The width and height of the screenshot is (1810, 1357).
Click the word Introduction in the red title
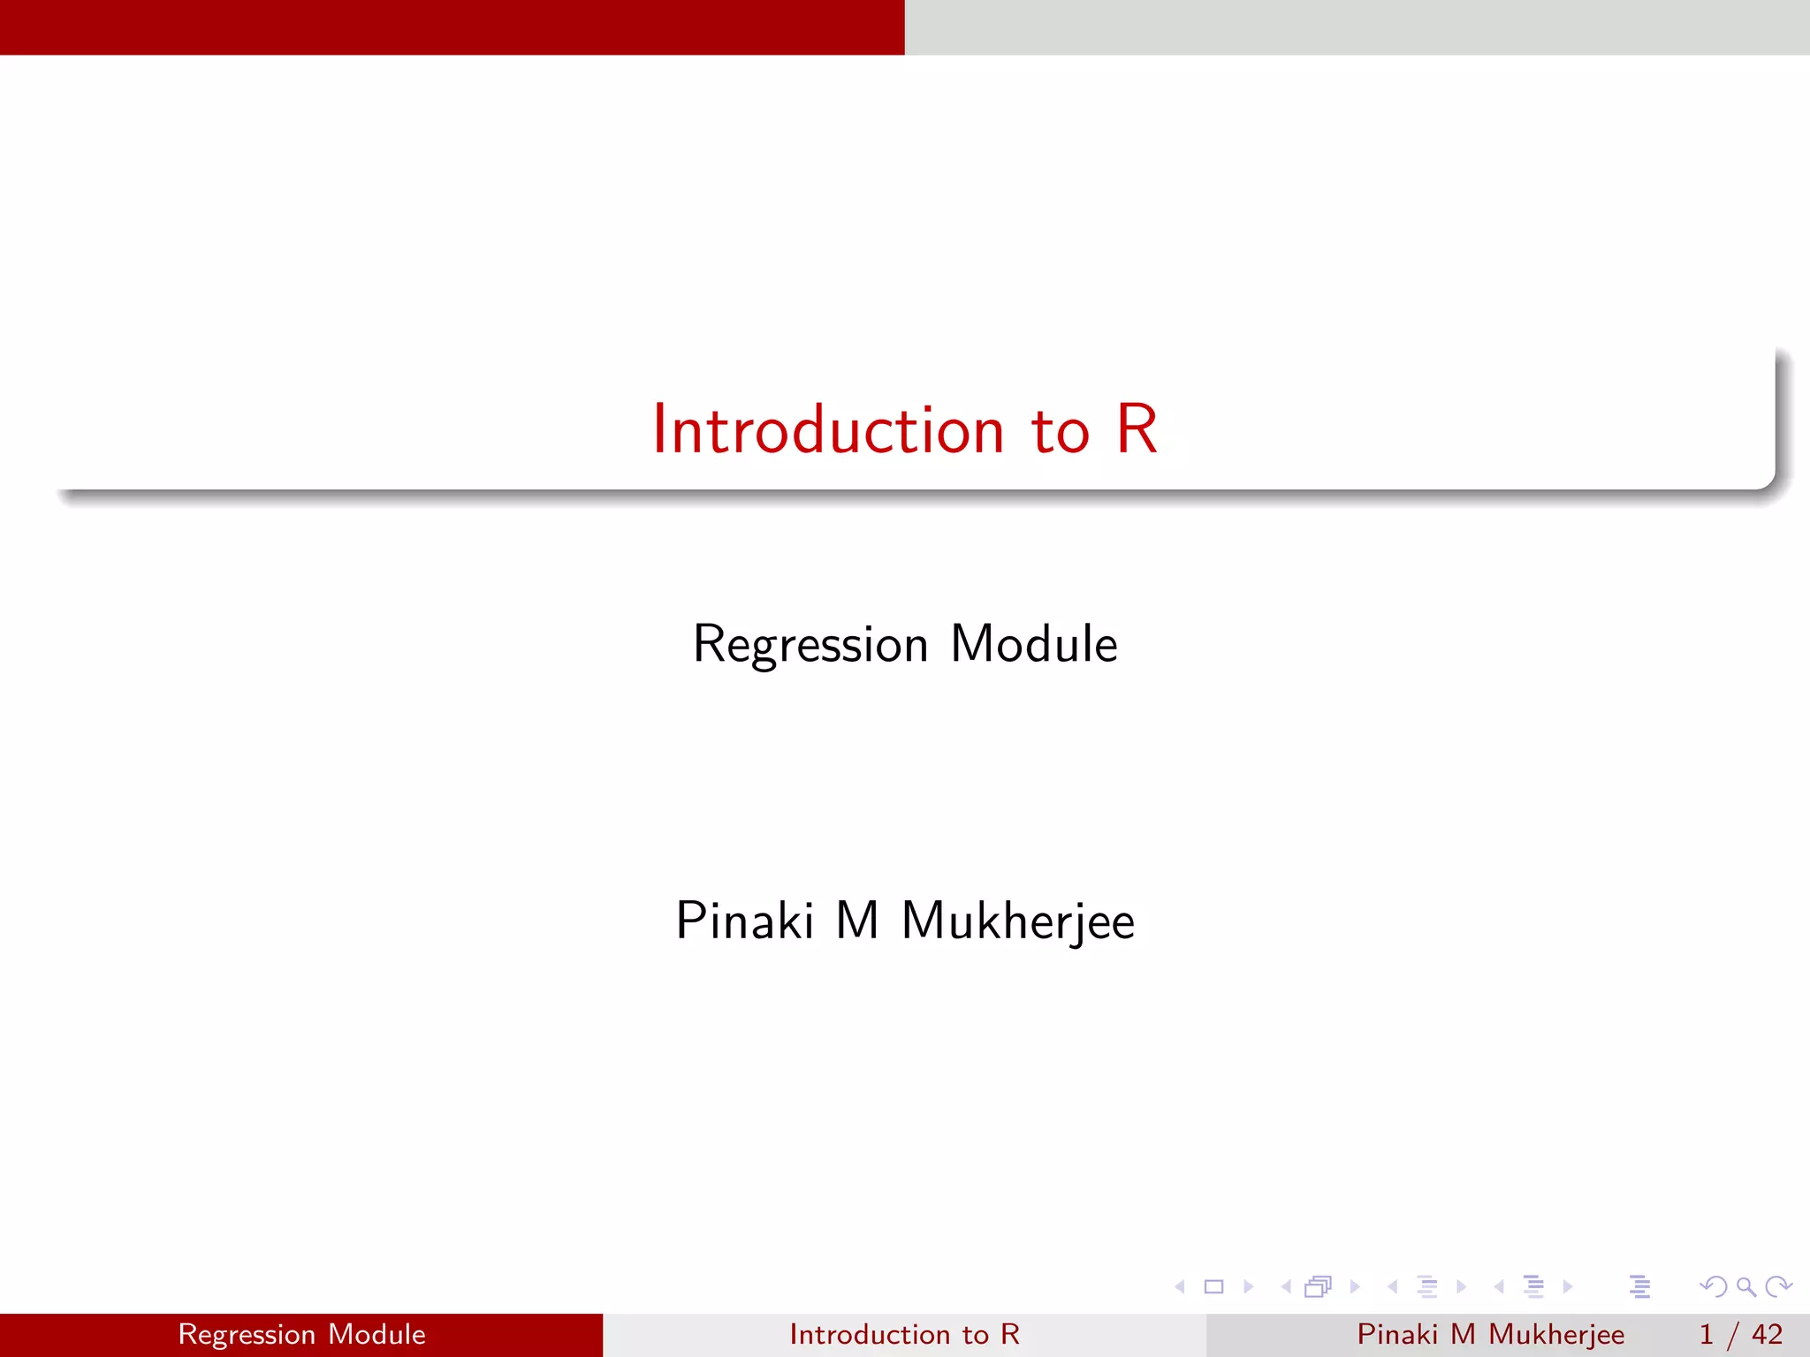coord(828,430)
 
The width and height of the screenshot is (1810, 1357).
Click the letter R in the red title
coord(1137,430)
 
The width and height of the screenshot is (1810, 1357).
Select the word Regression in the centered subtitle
coord(810,645)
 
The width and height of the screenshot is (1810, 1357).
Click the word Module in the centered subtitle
coord(1033,644)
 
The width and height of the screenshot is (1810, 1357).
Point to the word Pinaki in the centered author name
coord(744,921)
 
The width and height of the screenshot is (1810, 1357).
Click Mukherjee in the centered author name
coord(1017,922)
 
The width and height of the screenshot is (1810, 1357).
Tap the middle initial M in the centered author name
coord(856,921)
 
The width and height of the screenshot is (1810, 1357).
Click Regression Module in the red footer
coord(301,1334)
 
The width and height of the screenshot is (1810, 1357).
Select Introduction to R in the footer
coord(904,1334)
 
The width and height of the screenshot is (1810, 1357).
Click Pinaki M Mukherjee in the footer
coord(1490,1334)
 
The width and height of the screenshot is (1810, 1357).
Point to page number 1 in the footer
coord(1706,1334)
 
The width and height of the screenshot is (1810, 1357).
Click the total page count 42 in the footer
coord(1767,1334)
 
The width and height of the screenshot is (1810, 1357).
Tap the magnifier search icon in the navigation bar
coord(1745,1286)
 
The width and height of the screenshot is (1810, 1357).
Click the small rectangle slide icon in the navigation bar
coord(1213,1286)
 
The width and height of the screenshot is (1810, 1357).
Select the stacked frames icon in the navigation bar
coord(1318,1286)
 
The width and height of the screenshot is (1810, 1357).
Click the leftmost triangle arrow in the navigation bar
coord(1180,1286)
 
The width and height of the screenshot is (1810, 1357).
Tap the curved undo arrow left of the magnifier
coord(1713,1286)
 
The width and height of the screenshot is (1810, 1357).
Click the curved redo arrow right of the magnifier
coord(1778,1286)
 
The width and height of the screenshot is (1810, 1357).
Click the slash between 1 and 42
coord(1733,1335)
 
